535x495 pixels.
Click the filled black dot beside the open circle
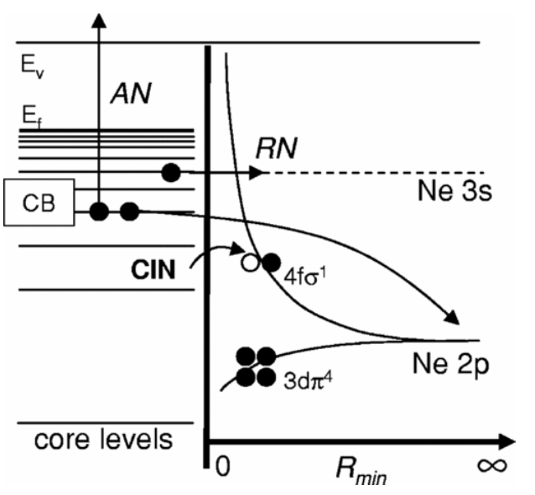pyautogui.click(x=271, y=263)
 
